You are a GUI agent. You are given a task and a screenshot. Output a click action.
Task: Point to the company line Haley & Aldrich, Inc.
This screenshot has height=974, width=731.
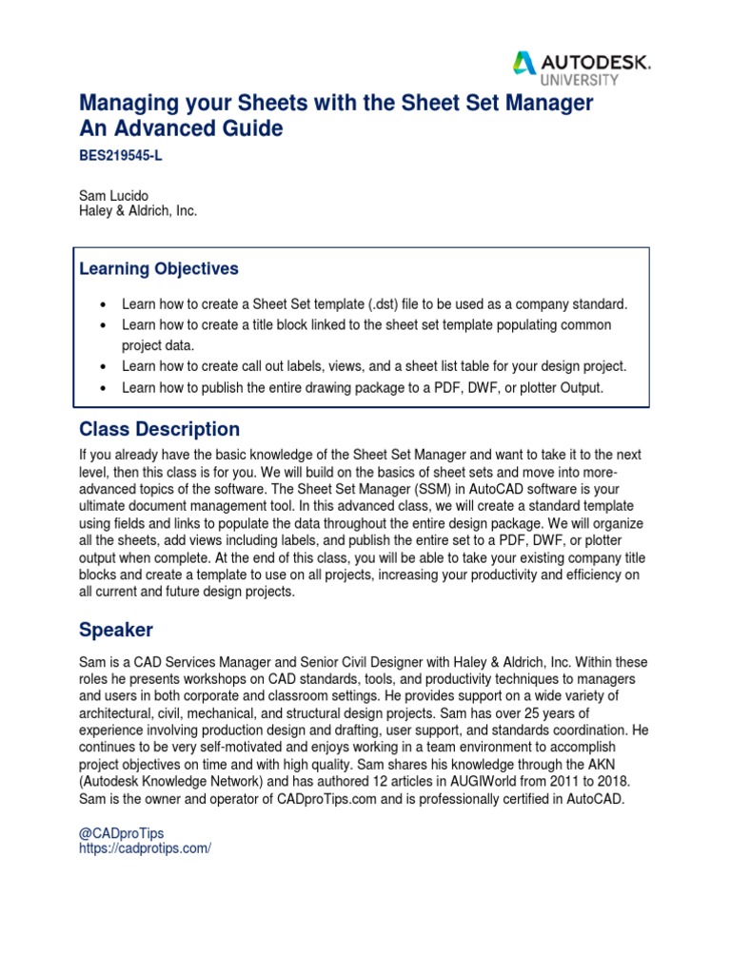click(137, 211)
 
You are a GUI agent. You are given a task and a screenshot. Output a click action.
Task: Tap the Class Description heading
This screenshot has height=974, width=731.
click(159, 429)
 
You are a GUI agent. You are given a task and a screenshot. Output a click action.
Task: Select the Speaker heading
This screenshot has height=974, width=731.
click(116, 631)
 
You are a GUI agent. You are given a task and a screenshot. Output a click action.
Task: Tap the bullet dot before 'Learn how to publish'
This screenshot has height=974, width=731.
click(103, 387)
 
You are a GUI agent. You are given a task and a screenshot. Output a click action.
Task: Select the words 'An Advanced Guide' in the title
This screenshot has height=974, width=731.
click(180, 128)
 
